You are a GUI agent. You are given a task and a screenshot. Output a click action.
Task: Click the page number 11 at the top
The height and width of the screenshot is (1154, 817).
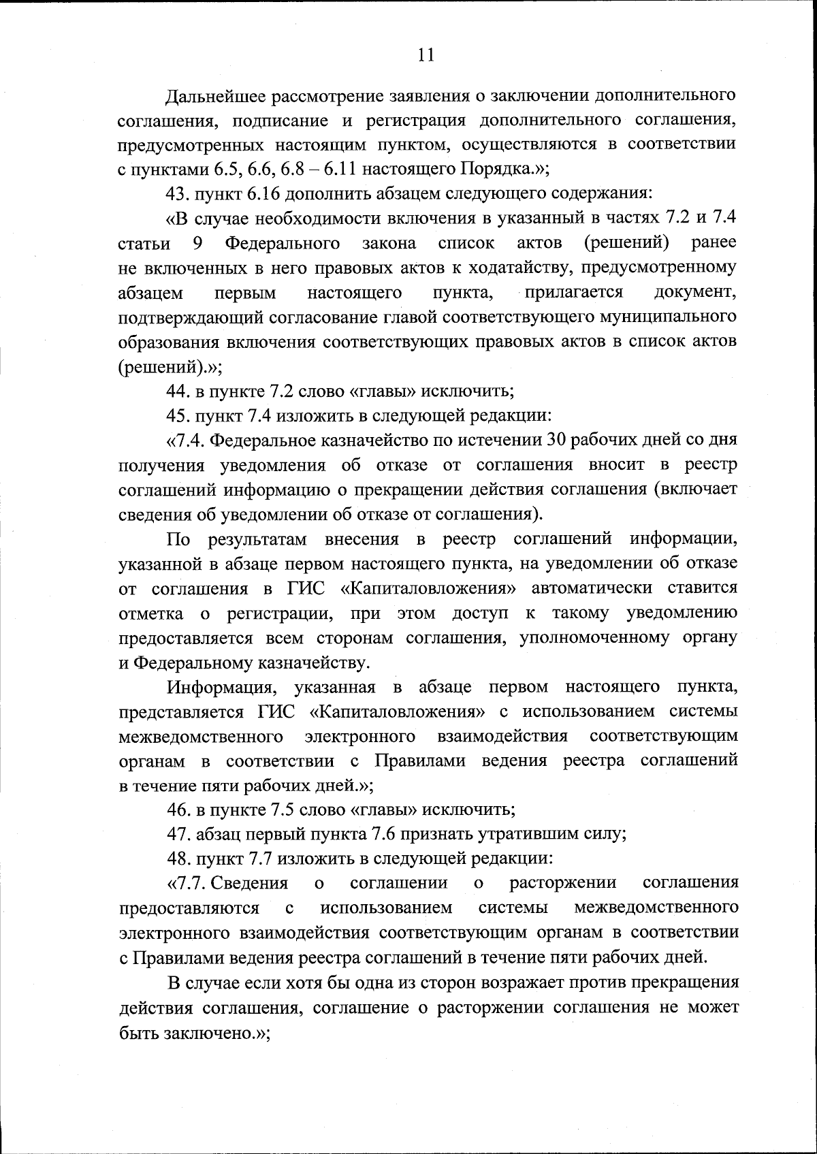pos(426,55)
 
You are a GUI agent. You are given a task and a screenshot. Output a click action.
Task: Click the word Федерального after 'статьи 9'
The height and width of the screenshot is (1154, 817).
pos(283,243)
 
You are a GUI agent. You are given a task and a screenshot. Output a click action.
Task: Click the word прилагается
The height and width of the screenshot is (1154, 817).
pos(573,293)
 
